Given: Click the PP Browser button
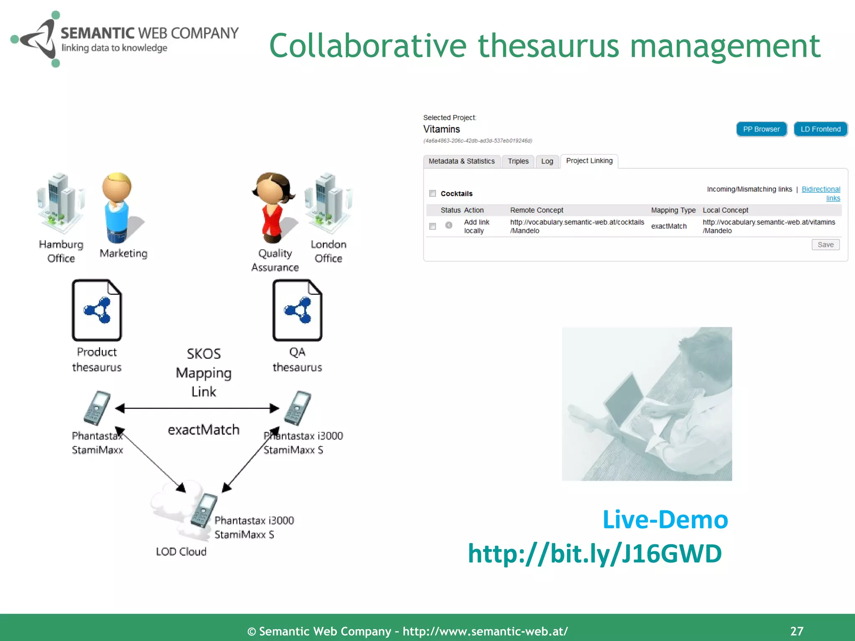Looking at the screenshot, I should click(x=761, y=129).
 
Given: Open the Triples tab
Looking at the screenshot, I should click(x=518, y=161).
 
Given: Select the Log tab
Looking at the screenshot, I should click(x=547, y=161).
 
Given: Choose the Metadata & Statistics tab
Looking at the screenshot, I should click(x=461, y=161).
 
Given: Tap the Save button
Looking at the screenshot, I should click(x=825, y=245).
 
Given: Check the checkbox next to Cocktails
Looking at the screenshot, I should click(x=433, y=193).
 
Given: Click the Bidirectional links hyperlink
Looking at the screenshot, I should click(x=821, y=189).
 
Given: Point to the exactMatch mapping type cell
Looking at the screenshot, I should click(x=668, y=226).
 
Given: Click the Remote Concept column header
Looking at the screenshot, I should click(x=536, y=210).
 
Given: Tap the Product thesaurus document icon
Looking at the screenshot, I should click(x=97, y=310).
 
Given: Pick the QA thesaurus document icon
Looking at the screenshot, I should click(x=297, y=310).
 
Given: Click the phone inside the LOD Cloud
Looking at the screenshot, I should click(x=204, y=510).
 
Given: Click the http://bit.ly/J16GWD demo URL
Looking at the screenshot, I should click(x=594, y=554).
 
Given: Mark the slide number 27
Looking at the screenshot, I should click(x=797, y=631).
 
